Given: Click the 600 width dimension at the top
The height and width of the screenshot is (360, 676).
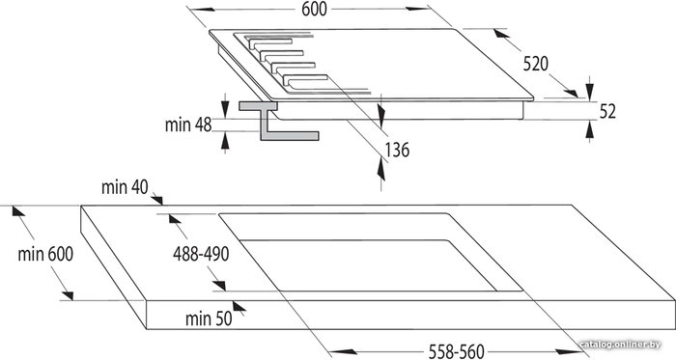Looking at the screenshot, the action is pos(314,9).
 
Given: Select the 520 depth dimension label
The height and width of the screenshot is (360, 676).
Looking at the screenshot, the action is pos(535,64).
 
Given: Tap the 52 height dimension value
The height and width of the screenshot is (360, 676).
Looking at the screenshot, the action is pos(607,112).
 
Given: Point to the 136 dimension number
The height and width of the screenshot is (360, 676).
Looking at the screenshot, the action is pos(397,150).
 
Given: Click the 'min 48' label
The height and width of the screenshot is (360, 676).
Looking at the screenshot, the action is pos(188,125).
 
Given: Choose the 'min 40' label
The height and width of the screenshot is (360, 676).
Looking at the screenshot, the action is pos(125,187).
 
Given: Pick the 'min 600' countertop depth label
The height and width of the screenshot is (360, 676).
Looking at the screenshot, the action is pos(45,254).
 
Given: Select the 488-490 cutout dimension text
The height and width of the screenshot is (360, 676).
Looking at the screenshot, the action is pos(201,254).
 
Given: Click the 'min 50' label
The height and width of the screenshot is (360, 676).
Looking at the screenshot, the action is pos(209,318).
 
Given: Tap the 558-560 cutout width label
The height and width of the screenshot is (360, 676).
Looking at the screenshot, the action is pos(456,351).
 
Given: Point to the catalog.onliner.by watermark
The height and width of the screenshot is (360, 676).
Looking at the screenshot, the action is pos(620,345).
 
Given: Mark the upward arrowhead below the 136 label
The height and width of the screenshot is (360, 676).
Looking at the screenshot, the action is pos(381,169).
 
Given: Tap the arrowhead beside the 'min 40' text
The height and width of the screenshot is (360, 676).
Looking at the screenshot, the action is pos(156,200).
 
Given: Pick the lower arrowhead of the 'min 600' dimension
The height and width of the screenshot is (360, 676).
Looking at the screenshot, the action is pos(68,295).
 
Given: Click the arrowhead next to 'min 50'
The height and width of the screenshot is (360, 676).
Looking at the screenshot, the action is pos(239,306).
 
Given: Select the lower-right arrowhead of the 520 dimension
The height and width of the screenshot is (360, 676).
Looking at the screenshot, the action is pos(571,93).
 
